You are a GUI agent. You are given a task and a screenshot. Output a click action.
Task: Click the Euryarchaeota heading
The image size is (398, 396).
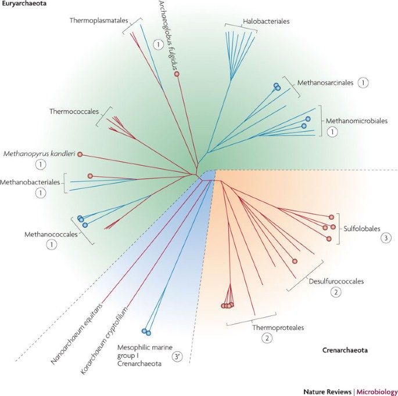tap(24, 4)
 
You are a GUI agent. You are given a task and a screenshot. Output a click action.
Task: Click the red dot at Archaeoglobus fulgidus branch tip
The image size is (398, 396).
tap(177, 74)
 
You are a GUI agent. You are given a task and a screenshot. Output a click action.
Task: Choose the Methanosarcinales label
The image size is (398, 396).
tap(325, 83)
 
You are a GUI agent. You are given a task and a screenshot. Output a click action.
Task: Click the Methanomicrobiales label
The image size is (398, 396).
tap(357, 121)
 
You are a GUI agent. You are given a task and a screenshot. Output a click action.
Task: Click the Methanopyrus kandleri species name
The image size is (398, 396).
tap(38, 154)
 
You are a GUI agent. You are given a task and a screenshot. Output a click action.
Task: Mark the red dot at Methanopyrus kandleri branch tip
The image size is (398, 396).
tap(80, 154)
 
